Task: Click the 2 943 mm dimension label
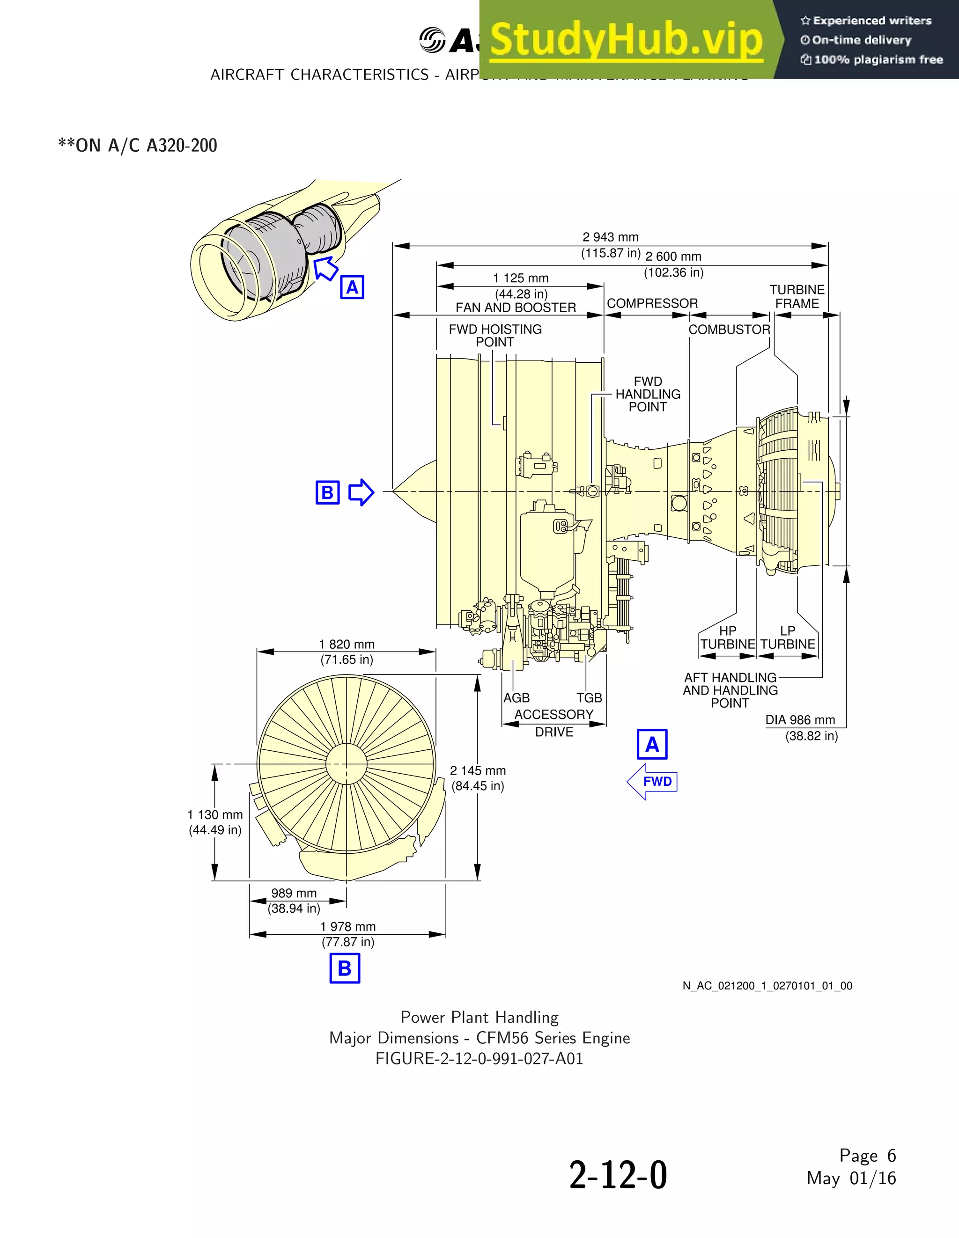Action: coord(610,237)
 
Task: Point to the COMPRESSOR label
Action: coord(652,303)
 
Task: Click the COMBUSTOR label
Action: coord(729,330)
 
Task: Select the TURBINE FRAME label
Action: coord(797,296)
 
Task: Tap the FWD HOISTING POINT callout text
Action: coord(495,336)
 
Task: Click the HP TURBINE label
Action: coord(728,637)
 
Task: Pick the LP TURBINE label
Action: coord(788,637)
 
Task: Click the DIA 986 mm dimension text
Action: coord(800,720)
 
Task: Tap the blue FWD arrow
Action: coord(653,782)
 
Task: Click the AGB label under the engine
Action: coord(516,698)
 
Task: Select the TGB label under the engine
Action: coord(589,698)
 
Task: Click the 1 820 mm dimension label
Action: coord(347,645)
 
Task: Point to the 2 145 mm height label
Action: coord(478,771)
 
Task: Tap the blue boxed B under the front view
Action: coord(345,968)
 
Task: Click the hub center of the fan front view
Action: coord(346,763)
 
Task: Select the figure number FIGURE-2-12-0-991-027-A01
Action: coord(479,1059)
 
